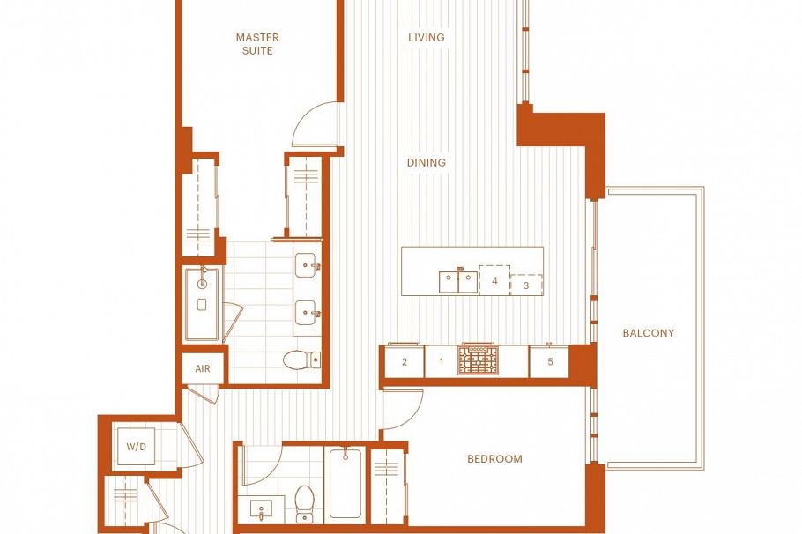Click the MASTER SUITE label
click(x=257, y=44)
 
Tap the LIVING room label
click(x=427, y=38)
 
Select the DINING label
click(x=427, y=163)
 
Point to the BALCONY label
click(x=649, y=333)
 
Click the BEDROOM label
click(x=494, y=459)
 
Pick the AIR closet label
click(x=203, y=368)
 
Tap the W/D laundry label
click(x=136, y=447)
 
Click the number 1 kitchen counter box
click(x=441, y=361)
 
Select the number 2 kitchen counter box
click(x=405, y=361)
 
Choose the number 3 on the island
click(x=526, y=286)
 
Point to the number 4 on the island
click(x=495, y=281)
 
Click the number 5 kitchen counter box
click(x=550, y=361)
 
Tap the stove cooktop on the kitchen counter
click(x=479, y=360)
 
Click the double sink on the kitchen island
click(x=458, y=282)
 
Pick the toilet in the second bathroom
click(x=305, y=501)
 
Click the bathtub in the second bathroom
click(x=345, y=484)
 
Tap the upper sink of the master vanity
click(x=306, y=263)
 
